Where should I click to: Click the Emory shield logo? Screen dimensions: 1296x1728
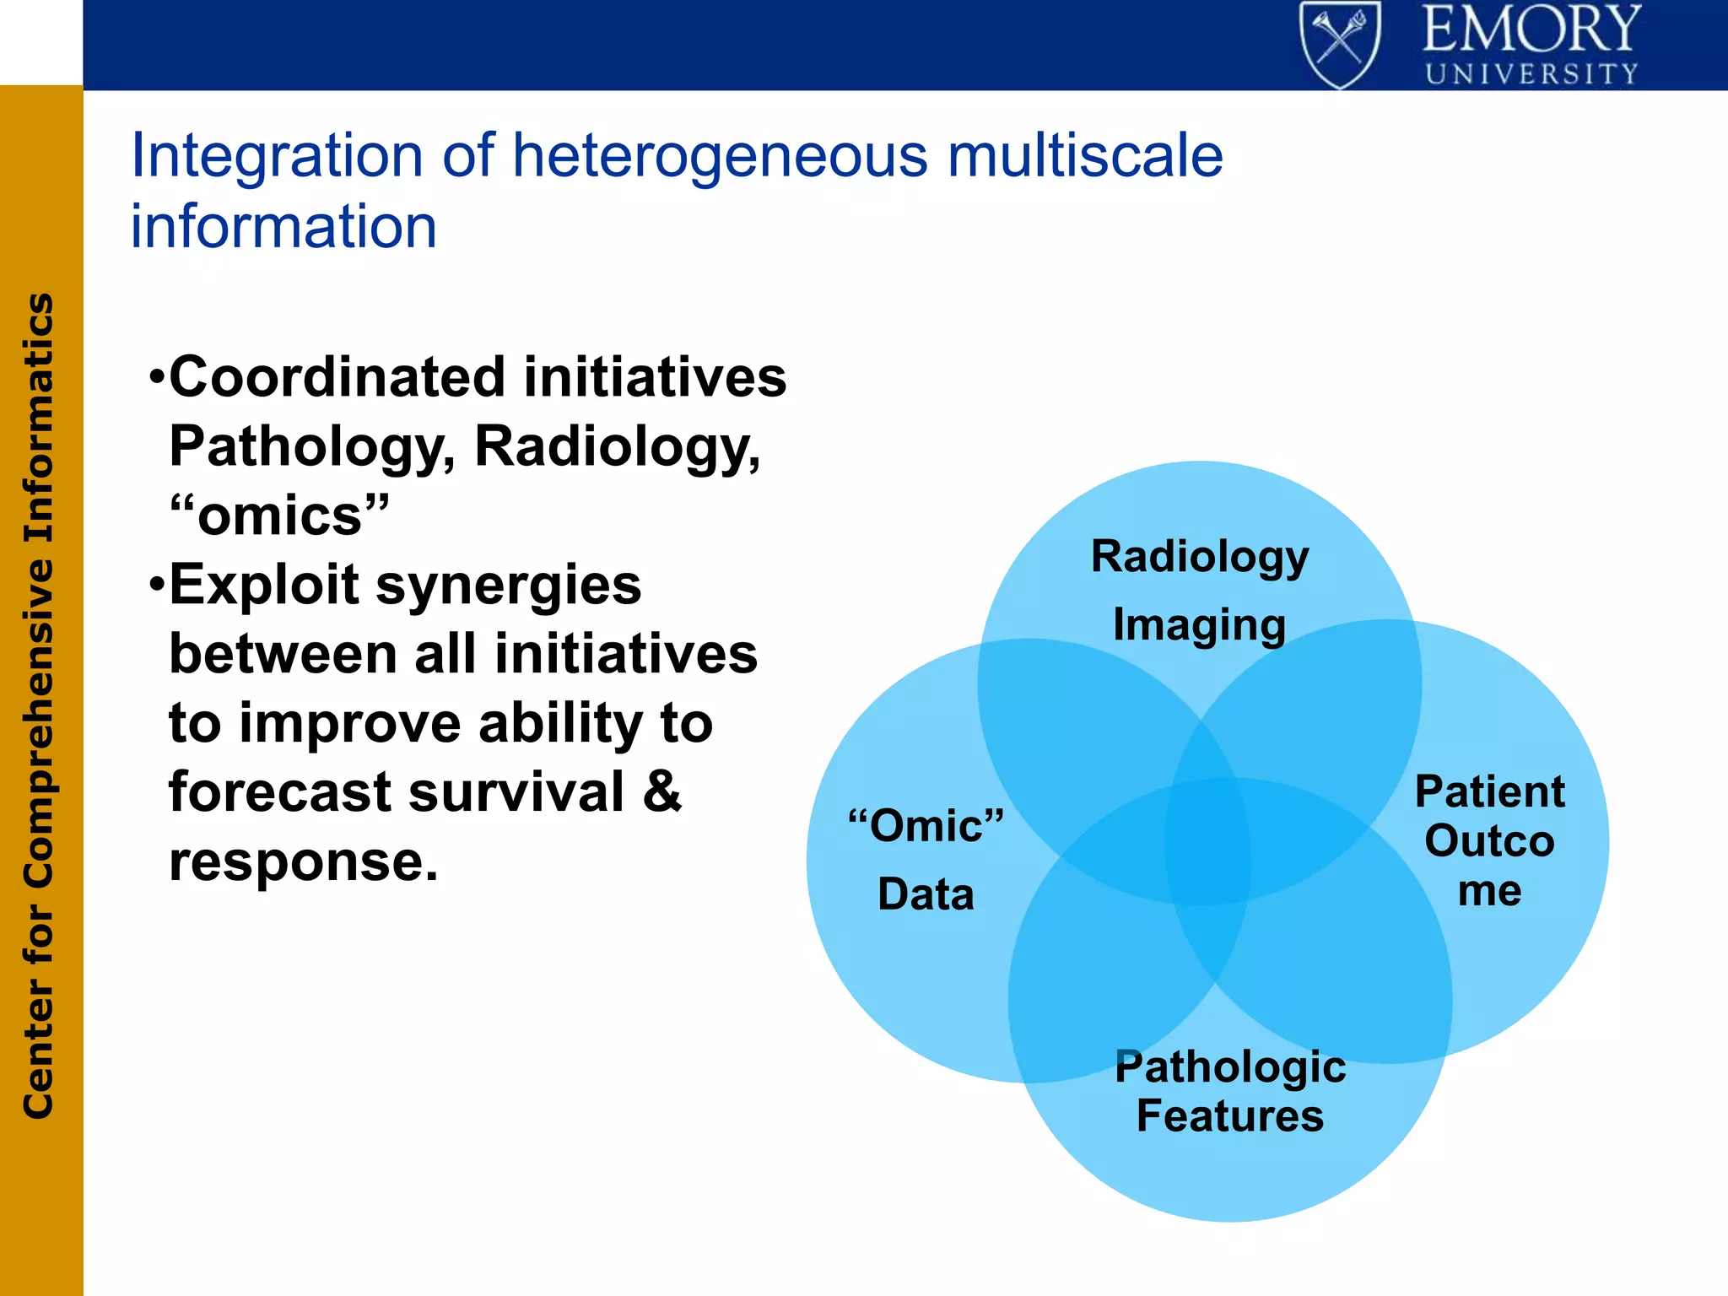1340,44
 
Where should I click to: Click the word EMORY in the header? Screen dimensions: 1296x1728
1531,30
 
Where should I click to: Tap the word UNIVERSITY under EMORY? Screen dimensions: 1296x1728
1531,74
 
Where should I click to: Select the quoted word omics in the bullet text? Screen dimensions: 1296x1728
279,516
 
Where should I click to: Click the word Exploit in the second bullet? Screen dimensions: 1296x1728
264,586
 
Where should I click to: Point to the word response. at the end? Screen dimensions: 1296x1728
304,861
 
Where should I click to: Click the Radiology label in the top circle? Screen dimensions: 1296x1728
1199,558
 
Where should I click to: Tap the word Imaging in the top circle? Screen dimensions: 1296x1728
1199,626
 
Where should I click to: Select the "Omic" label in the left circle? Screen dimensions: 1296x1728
926,825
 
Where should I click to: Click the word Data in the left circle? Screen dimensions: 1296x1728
926,894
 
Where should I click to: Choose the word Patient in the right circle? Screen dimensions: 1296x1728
1489,791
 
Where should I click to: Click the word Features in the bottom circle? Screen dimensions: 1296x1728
1229,1115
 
